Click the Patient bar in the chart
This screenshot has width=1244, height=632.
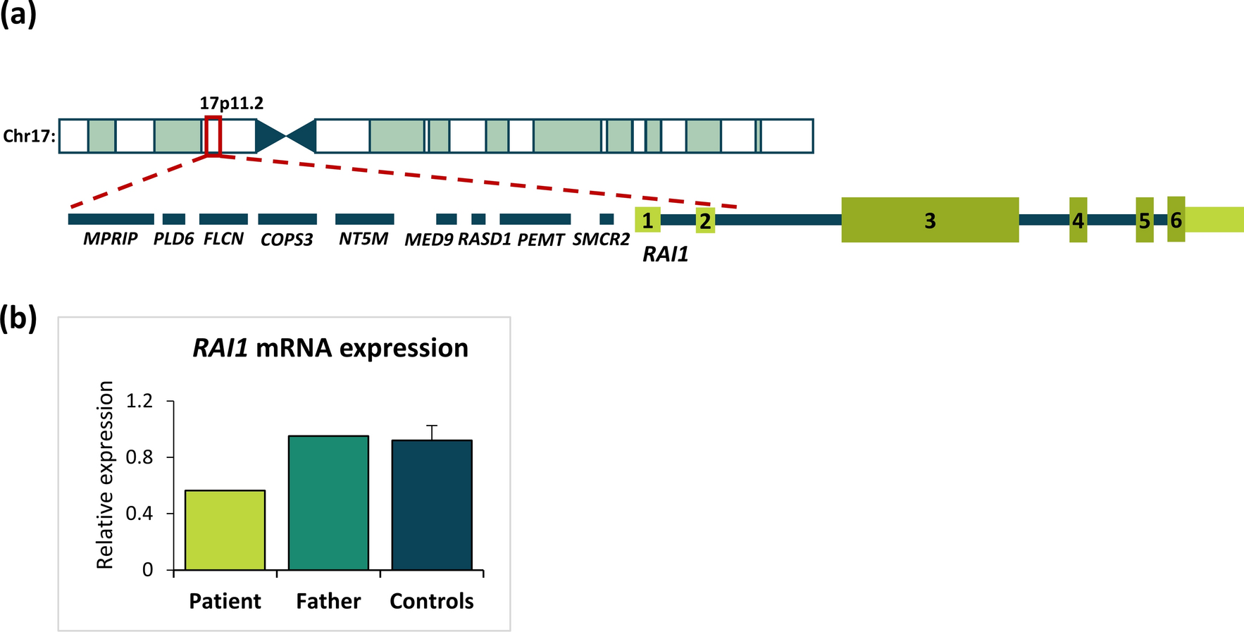(225, 530)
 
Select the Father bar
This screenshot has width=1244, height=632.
(328, 502)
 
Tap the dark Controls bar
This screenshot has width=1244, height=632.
(432, 504)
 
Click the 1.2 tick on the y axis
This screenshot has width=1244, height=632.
(139, 401)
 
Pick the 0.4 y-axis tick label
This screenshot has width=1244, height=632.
(139, 513)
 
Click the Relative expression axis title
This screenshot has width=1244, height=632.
(105, 474)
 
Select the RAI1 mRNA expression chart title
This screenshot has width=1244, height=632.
(330, 348)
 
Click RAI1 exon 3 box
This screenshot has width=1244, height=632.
(930, 220)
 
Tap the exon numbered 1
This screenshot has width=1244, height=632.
(647, 220)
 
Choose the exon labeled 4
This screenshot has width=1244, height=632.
(1078, 220)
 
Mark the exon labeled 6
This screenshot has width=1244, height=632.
(1176, 219)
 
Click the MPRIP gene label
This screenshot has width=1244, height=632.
(110, 240)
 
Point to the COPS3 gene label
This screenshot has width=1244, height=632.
(287, 240)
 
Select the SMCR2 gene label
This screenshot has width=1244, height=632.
(601, 240)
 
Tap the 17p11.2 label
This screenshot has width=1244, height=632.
(232, 104)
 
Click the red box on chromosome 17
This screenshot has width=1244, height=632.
(213, 136)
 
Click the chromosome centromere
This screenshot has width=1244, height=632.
(285, 136)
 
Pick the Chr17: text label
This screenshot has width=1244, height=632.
(29, 136)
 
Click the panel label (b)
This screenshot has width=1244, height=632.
(18, 318)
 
